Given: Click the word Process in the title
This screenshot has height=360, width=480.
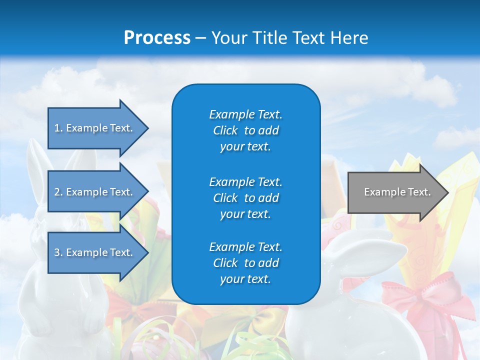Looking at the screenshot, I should [157, 38].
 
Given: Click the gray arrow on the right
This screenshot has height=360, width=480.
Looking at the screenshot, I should [390, 192].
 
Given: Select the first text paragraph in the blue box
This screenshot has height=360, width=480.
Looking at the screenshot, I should [245, 130].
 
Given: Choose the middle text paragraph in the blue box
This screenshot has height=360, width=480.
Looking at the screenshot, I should [245, 198].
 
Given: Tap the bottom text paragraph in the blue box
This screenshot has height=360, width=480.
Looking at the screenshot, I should [245, 263].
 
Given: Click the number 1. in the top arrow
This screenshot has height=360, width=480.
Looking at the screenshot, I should [58, 128].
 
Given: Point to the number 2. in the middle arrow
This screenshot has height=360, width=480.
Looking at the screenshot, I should [58, 192].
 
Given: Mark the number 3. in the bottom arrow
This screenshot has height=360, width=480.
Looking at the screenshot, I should [58, 252].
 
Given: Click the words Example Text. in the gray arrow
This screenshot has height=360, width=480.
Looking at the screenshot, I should [397, 192].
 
